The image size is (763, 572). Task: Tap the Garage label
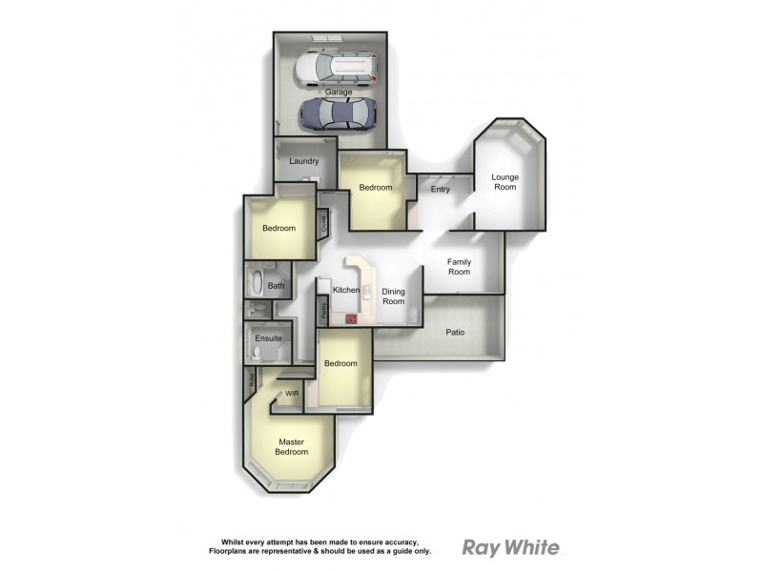339,92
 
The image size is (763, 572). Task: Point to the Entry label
440,189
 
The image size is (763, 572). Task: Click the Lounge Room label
505,182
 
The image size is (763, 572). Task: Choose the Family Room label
460,266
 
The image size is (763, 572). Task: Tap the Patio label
455,333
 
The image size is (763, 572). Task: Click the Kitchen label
346,289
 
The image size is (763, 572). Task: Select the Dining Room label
394,296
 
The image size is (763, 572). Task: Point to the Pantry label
324,308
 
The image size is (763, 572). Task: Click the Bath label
276,285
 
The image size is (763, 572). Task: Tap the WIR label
293,392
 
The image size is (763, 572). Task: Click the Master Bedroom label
291,446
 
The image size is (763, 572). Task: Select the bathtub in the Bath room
257,283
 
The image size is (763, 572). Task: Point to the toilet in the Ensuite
257,356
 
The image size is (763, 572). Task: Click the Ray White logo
510,547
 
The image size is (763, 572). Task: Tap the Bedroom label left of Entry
376,187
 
